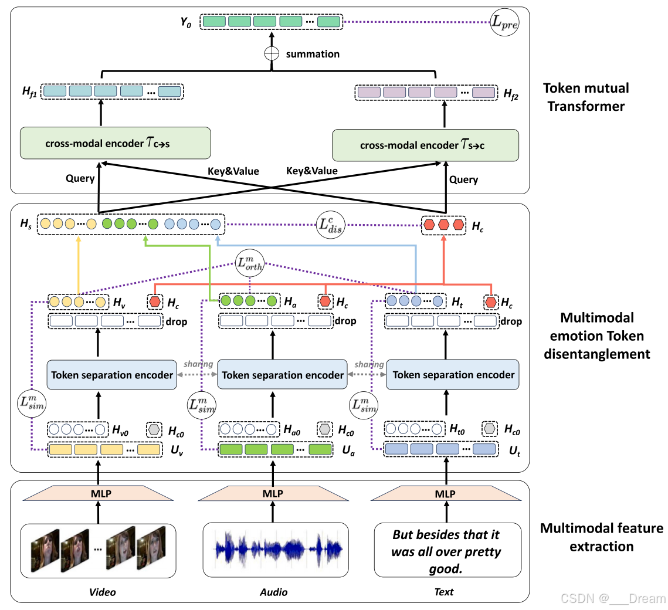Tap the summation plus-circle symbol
click(x=271, y=53)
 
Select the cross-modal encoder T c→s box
click(x=116, y=144)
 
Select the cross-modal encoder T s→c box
click(x=426, y=145)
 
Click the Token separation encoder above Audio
click(x=283, y=375)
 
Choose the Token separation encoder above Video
click(x=112, y=375)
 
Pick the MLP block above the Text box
click(x=446, y=493)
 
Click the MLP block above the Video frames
click(x=98, y=493)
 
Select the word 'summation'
click(x=313, y=54)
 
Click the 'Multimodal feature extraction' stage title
click(x=601, y=537)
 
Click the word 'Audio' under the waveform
click(x=273, y=592)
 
